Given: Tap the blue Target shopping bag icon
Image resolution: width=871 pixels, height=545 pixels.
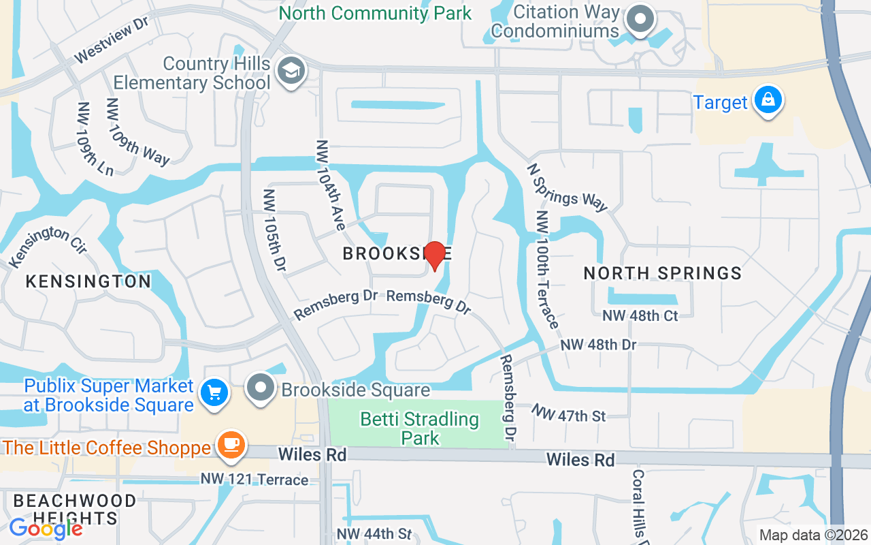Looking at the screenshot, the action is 768,100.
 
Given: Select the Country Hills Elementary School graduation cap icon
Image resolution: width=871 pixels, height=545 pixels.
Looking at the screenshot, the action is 291,70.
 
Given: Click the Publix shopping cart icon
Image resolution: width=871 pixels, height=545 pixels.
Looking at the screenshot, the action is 215,393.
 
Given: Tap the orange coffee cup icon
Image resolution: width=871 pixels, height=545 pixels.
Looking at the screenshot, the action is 231,444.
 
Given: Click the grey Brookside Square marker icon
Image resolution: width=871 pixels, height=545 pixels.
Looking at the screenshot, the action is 260,388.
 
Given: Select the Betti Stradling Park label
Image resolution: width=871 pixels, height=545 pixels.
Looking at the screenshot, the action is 420,428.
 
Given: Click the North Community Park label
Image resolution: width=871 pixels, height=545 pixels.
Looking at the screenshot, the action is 375,13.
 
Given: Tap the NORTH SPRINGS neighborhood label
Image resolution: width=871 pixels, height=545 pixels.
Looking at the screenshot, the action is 663,273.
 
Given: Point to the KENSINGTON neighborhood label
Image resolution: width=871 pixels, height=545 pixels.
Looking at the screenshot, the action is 88,281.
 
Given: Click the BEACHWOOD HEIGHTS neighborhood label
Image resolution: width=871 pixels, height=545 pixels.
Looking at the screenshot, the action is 75,510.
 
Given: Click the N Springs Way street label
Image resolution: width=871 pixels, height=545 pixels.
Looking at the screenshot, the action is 567,187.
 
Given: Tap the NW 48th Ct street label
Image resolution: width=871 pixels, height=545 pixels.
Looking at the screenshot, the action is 640,316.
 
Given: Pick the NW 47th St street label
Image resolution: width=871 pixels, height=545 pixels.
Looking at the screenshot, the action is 569,413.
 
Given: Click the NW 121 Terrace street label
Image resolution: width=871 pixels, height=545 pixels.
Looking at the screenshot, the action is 254,480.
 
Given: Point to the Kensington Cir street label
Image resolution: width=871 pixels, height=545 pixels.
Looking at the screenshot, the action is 48,246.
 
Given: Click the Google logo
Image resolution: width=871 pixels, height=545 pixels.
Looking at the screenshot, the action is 46,529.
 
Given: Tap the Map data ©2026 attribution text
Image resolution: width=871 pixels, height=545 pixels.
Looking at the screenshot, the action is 814,535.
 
